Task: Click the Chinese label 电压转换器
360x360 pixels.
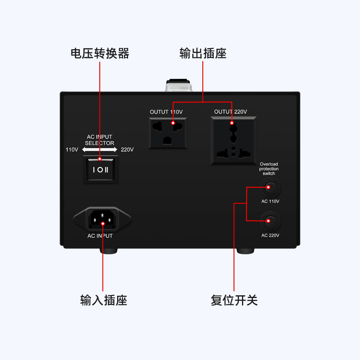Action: [100, 53]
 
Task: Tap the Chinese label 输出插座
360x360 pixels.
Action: [203, 53]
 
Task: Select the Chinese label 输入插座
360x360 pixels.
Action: [103, 300]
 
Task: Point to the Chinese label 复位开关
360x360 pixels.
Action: [234, 300]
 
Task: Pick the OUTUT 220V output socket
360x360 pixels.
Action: [233, 140]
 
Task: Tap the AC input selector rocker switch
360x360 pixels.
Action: [101, 170]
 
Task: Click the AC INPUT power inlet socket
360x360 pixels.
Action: [102, 219]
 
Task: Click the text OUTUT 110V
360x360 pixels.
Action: [166, 112]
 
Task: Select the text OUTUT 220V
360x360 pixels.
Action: [231, 112]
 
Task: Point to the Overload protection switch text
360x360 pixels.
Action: [269, 169]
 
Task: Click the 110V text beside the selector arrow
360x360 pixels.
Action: [72, 149]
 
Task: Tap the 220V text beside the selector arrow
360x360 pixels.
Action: [127, 149]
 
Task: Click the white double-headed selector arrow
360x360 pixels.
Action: [100, 149]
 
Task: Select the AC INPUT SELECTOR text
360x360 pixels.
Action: [99, 140]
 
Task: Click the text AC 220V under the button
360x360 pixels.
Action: [270, 236]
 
